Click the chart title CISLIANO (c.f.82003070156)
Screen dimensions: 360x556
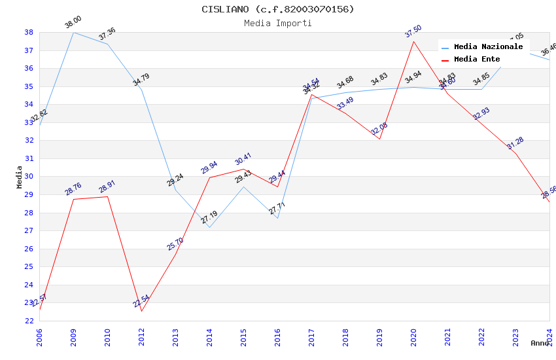coord(278,9)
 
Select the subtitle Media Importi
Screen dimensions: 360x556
coord(278,23)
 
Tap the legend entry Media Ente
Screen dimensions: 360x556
coord(477,60)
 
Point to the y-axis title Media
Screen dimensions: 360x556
coord(20,177)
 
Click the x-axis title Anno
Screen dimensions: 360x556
coord(540,343)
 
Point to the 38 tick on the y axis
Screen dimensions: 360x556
coord(29,32)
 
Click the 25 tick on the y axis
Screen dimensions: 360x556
coord(29,266)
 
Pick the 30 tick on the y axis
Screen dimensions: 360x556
coord(29,177)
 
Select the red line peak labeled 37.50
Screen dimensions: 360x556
coord(414,41)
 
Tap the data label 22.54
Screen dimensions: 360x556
coord(141,302)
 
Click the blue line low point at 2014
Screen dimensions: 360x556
coord(210,227)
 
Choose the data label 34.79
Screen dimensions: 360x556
coord(141,80)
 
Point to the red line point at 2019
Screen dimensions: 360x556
coord(380,139)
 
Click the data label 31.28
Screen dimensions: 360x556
coord(515,144)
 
